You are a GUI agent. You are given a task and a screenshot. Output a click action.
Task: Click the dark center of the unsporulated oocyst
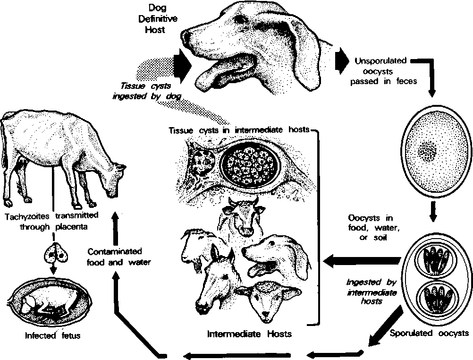click(x=428, y=152)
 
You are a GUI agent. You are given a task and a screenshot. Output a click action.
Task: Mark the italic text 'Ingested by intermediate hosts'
click(x=371, y=291)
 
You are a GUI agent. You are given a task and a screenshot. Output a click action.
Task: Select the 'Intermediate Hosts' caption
click(x=250, y=334)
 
